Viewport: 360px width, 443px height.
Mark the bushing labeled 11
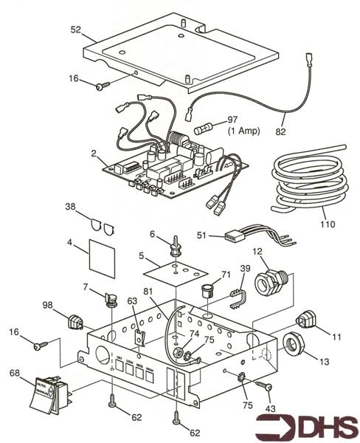coord(304,321)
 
